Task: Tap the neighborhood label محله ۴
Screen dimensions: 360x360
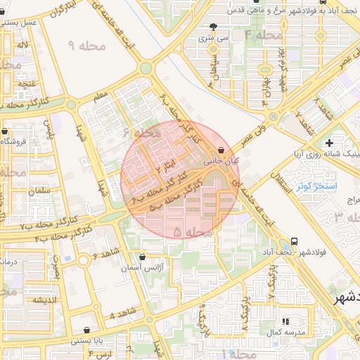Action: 263,34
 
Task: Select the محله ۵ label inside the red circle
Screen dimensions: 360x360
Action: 193,231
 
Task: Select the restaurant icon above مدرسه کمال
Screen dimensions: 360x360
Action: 285,321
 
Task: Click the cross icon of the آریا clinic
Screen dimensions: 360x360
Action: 329,143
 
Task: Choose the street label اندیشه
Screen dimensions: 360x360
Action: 40,300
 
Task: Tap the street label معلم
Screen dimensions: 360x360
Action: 101,94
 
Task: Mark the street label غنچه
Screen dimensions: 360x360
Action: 27,84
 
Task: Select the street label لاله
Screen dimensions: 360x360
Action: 24,45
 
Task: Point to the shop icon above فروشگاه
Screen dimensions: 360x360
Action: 6,131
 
